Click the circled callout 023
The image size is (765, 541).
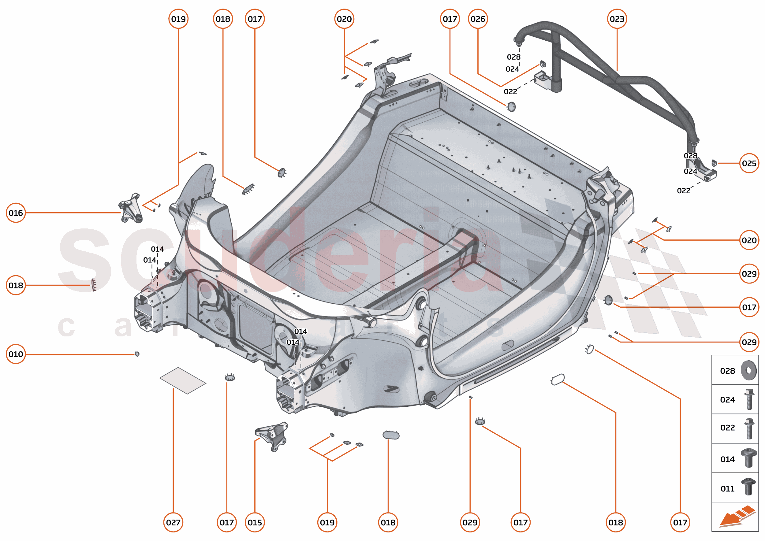coord(617,19)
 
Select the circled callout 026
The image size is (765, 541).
coord(478,19)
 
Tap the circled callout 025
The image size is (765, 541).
coord(749,163)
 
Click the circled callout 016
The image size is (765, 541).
coord(16,213)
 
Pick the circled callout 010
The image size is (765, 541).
coord(16,354)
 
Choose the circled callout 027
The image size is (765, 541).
coord(173,522)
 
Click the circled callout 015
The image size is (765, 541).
coord(255,522)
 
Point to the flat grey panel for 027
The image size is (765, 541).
coord(183,381)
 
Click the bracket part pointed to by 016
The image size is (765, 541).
coord(131,208)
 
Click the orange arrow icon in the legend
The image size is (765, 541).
coord(737,518)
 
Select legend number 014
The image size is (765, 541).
coord(727,459)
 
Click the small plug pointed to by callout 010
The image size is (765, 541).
coord(137,354)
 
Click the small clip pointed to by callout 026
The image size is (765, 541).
coord(543,64)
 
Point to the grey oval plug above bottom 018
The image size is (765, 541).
coord(391,435)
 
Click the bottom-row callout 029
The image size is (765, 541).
coord(470,522)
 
